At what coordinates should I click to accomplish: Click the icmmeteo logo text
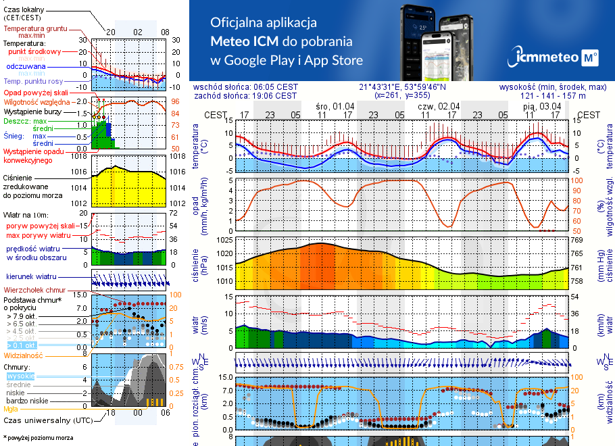(547, 58)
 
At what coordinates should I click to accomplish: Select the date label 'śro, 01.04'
(335, 106)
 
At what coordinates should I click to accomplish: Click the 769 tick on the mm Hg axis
(576, 240)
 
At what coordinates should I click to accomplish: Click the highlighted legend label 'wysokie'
(20, 376)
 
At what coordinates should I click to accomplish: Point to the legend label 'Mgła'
(11, 408)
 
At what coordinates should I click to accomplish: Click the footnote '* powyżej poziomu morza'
(38, 438)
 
